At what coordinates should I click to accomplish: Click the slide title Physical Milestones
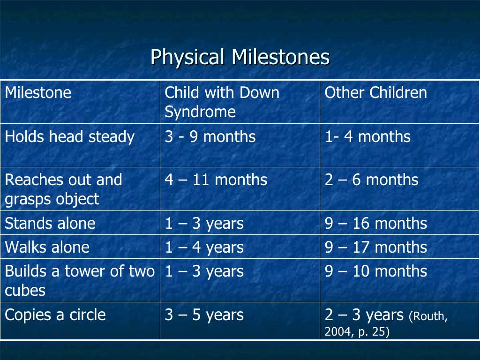pos(240,58)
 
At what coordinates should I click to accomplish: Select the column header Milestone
pos(38,93)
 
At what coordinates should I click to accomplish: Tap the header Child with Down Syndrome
pos(222,102)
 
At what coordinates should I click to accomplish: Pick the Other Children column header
pos(375,93)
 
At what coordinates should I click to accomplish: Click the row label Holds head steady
pos(69,137)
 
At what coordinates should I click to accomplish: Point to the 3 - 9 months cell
pos(210,137)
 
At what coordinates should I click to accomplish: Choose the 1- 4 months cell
pos(367,137)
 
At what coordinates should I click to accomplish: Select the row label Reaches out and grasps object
pos(63,189)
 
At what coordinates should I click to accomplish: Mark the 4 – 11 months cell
pos(216,180)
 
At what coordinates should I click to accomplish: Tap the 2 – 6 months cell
pos(371,180)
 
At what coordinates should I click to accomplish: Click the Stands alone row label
pos(50,224)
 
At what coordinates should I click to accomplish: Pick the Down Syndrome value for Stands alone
pos(204,224)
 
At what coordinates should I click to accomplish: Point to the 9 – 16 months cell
pos(375,224)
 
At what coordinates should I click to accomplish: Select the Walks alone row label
pos(47,247)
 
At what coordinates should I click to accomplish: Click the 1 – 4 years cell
pos(204,247)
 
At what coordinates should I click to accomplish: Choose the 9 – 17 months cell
pos(375,247)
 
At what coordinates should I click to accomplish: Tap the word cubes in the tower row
pos(25,291)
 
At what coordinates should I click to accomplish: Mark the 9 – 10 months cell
pos(375,271)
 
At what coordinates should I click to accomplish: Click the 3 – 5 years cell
pos(204,315)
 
